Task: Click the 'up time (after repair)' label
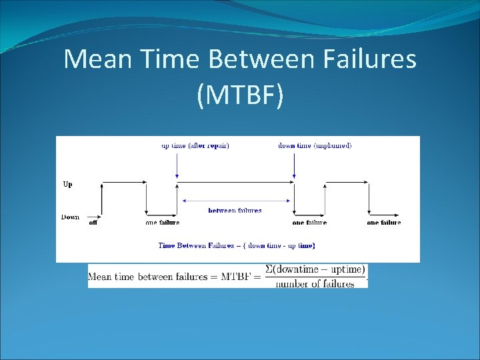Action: coord(195,145)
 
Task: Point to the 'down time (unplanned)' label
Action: coord(315,145)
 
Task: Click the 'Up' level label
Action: coord(67,185)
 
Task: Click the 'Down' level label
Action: coord(70,217)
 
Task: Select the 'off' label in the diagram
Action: coord(93,223)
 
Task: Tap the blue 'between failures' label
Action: coord(235,211)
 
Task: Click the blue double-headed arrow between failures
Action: coord(235,200)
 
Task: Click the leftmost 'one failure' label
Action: coord(163,223)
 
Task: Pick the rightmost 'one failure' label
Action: coord(384,223)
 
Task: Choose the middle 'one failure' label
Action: coord(309,223)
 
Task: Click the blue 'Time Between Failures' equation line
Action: coord(237,245)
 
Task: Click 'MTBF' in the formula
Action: coord(237,277)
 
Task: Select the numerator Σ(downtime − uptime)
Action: coord(315,269)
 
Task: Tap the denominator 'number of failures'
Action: coord(315,283)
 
